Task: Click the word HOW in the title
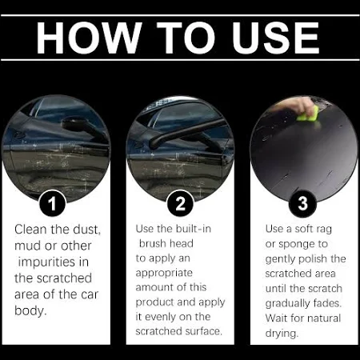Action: (x=89, y=38)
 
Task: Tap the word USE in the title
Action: (x=276, y=38)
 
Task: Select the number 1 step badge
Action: (x=52, y=203)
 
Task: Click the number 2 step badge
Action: (x=180, y=203)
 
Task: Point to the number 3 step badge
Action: (x=302, y=203)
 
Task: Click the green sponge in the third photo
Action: (x=309, y=114)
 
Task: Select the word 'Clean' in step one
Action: (x=30, y=230)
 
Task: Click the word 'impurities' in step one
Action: (x=47, y=262)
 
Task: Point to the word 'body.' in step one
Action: (x=30, y=310)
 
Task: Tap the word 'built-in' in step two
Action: (x=194, y=229)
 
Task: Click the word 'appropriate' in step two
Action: (x=164, y=273)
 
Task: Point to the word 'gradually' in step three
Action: (x=287, y=303)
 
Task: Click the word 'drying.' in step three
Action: (x=282, y=334)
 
